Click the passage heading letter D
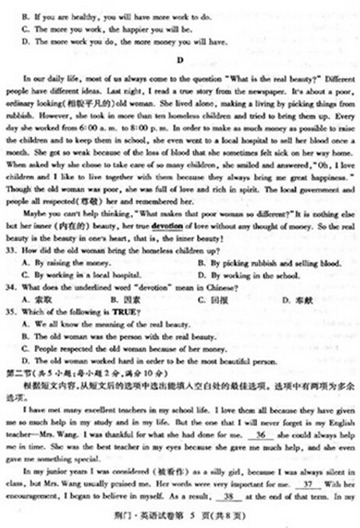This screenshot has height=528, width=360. tap(180, 58)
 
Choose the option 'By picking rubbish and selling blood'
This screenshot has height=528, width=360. tap(256, 264)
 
